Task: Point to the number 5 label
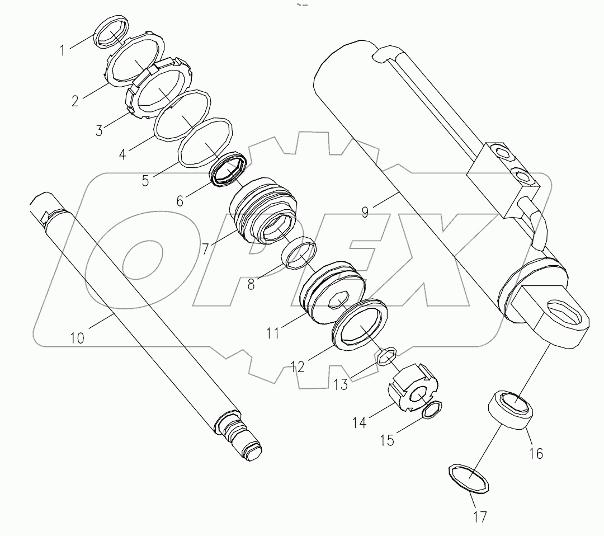click(x=145, y=181)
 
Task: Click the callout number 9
click(x=365, y=213)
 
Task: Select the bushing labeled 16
click(x=511, y=411)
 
